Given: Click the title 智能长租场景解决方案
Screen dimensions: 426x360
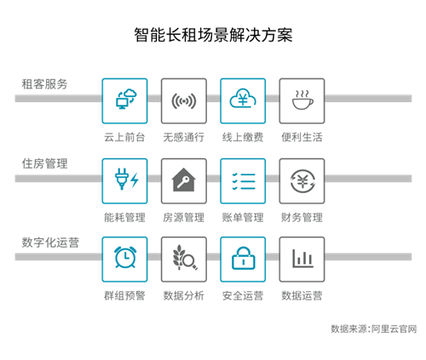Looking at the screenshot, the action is pyautogui.click(x=213, y=35).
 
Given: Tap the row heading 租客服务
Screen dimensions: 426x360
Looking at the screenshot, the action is pyautogui.click(x=44, y=84).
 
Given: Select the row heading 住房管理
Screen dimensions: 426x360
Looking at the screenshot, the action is pyautogui.click(x=44, y=163).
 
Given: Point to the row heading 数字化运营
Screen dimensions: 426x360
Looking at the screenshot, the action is pyautogui.click(x=50, y=243).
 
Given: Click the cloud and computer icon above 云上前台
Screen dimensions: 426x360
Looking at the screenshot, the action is pyautogui.click(x=126, y=99).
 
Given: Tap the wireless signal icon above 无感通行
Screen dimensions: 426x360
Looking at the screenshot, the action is pyautogui.click(x=184, y=101).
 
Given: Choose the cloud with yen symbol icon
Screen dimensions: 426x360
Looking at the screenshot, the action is pyautogui.click(x=243, y=98).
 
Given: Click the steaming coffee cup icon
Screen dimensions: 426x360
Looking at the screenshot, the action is pyautogui.click(x=302, y=100).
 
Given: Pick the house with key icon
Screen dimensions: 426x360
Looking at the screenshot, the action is pyautogui.click(x=184, y=180).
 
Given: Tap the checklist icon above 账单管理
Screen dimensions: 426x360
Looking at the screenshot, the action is pyautogui.click(x=244, y=181).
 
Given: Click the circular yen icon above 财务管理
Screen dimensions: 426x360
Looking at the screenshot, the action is pyautogui.click(x=302, y=181).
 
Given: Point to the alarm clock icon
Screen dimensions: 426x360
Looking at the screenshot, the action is pyautogui.click(x=125, y=257).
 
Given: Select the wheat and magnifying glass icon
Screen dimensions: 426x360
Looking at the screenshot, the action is pyautogui.click(x=185, y=257).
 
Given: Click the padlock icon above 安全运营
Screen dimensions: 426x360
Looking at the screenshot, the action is pyautogui.click(x=244, y=258).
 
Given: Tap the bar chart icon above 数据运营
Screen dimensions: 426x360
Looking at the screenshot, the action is pyautogui.click(x=303, y=259).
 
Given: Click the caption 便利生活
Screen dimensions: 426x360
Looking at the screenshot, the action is pyautogui.click(x=302, y=137).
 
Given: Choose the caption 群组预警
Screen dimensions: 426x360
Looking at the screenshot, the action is pyautogui.click(x=124, y=295).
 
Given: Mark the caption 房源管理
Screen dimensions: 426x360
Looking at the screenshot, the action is pyautogui.click(x=184, y=218).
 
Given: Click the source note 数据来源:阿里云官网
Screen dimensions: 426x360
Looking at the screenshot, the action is pyautogui.click(x=374, y=329).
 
